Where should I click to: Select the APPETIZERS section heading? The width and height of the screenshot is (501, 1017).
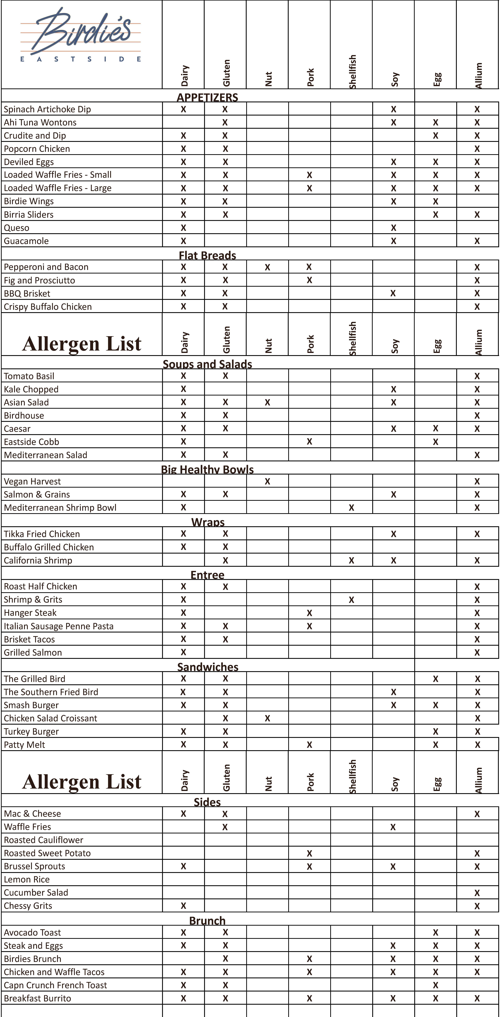click(207, 97)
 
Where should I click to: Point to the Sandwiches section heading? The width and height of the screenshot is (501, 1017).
click(208, 667)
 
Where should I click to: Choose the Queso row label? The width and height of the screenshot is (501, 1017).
click(17, 228)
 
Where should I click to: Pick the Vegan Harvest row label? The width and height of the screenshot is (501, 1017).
click(32, 481)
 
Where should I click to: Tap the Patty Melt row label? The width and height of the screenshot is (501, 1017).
click(24, 745)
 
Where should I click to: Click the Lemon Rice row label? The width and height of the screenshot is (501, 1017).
click(27, 879)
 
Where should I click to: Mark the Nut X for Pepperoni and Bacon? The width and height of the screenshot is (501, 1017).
click(267, 267)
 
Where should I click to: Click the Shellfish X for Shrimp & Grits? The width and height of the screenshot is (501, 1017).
click(351, 600)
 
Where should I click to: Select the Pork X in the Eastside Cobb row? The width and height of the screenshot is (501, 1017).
click(309, 442)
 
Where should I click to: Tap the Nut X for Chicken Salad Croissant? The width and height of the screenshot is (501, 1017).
click(267, 718)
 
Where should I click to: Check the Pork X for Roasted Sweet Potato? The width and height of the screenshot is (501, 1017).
click(309, 853)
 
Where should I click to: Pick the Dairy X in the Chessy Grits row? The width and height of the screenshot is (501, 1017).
click(183, 906)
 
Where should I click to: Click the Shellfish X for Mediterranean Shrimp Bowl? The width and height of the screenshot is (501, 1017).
click(351, 508)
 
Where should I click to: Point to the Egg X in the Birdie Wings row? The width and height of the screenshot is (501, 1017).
click(435, 201)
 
